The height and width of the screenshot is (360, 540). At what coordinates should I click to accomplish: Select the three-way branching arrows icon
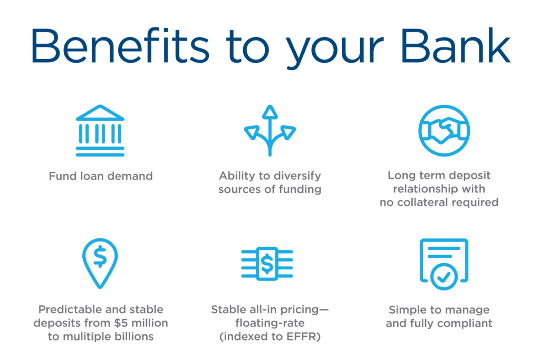click(270, 131)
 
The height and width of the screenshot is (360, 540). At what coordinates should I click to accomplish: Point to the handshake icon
click(443, 130)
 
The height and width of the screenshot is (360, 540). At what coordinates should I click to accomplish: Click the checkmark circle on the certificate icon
click(445, 276)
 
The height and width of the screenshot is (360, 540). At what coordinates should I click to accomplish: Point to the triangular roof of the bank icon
click(100, 113)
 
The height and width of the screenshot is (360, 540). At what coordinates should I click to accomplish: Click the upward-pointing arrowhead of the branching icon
click(270, 111)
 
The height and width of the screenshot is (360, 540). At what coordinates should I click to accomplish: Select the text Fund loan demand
click(101, 176)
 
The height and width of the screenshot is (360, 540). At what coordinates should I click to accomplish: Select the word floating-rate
click(270, 323)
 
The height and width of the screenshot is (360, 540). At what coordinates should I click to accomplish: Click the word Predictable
click(69, 309)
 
